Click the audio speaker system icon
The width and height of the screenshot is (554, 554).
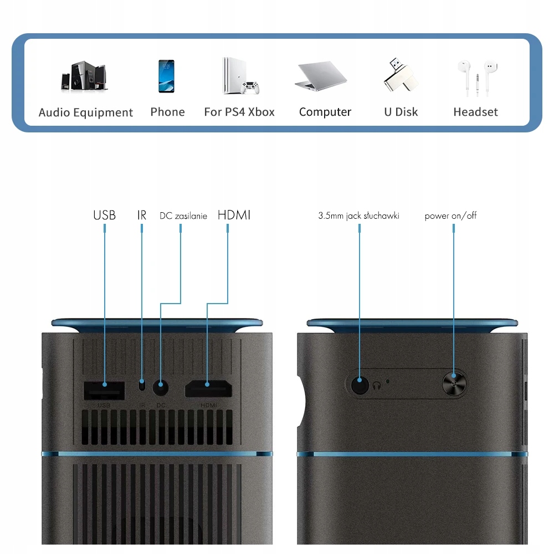tap(84, 76)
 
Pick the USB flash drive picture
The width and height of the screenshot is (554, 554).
tap(401, 75)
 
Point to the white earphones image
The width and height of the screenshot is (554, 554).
tap(477, 76)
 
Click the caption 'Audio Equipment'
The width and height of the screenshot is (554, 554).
tap(86, 112)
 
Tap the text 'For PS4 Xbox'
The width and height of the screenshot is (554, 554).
tap(239, 112)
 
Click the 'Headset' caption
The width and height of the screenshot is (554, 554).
tap(475, 112)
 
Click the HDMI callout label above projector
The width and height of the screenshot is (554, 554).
tap(234, 215)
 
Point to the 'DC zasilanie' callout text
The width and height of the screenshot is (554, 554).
tap(183, 216)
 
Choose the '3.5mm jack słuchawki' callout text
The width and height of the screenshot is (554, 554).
tap(358, 216)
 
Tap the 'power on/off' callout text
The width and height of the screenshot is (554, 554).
tap(450, 216)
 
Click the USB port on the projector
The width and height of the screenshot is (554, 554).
tap(104, 391)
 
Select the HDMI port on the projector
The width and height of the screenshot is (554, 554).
tap(208, 389)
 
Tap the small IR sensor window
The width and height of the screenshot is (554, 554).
tap(142, 384)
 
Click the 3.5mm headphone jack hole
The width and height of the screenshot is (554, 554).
tap(360, 383)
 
